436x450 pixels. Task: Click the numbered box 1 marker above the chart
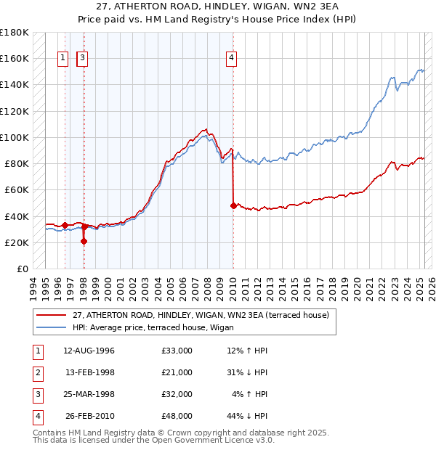64,59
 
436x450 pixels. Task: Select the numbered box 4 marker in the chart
231,59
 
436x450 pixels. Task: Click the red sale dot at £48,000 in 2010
233,205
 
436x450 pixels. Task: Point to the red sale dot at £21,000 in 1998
84,241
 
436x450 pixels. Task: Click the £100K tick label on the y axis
15,137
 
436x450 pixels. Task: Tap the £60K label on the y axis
17,189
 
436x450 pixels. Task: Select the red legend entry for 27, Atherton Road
201,315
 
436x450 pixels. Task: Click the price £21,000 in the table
177,372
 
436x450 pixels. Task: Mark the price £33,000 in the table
177,351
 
